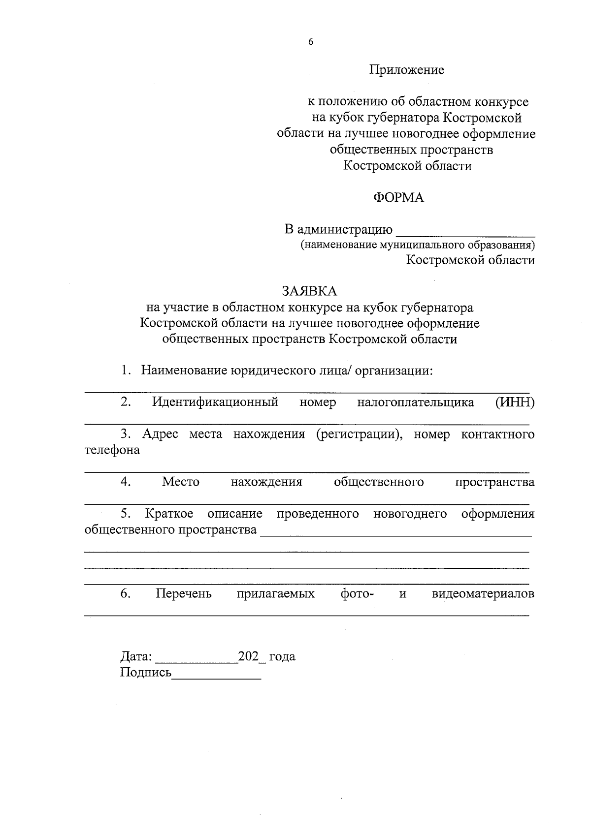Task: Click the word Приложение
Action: point(407,70)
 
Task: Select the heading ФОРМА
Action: point(398,198)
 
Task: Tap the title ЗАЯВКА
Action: point(309,291)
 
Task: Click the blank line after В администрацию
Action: point(465,231)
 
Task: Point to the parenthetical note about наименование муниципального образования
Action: point(418,245)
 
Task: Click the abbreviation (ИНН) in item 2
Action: point(515,402)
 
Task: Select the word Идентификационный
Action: point(215,402)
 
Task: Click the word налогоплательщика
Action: point(416,402)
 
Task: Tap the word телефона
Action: point(112,450)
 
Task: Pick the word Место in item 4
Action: point(181,482)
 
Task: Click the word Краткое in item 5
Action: point(169,514)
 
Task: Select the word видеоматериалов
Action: point(483,594)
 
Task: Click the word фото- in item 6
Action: point(357,594)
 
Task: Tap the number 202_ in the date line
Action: point(251,657)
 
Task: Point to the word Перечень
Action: point(184,594)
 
